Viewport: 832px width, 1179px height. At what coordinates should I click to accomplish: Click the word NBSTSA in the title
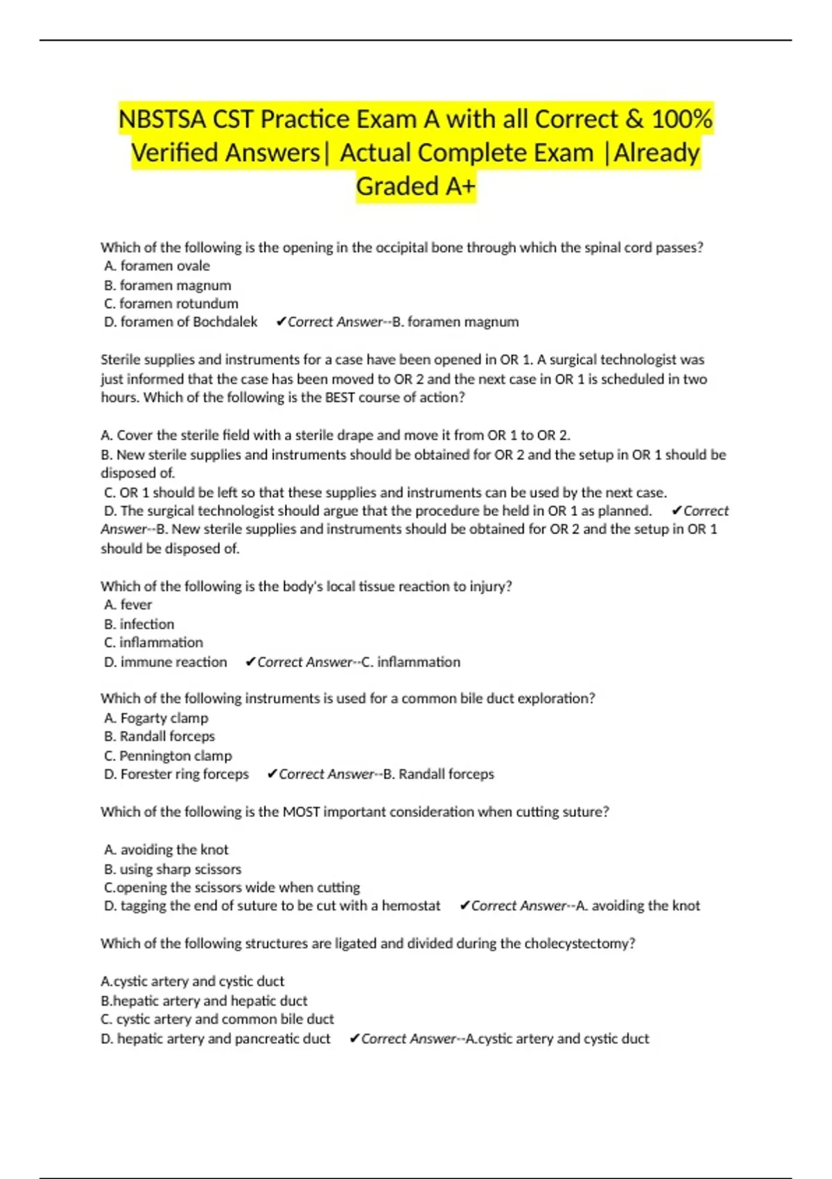click(162, 119)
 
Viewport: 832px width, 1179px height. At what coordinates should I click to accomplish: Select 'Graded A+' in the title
click(416, 187)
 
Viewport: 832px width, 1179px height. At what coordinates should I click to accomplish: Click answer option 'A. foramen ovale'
click(157, 266)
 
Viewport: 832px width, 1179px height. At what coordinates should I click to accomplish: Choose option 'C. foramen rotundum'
click(171, 304)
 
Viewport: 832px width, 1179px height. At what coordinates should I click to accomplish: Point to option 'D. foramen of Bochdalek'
click(181, 322)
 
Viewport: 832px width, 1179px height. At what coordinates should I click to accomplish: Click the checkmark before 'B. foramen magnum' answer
click(281, 322)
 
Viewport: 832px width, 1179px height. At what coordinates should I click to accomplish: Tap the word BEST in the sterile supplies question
click(340, 397)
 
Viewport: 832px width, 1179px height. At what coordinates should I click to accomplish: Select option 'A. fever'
click(128, 605)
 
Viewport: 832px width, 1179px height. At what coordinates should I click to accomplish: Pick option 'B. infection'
click(139, 624)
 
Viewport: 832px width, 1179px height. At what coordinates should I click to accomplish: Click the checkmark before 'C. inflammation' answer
click(250, 662)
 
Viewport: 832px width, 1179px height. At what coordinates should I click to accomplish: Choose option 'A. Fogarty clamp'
click(156, 718)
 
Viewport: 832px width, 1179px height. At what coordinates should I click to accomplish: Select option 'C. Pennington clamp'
click(168, 756)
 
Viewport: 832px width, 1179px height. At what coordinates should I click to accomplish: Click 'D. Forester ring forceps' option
click(177, 774)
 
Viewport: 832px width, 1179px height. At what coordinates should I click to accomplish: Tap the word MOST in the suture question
click(301, 812)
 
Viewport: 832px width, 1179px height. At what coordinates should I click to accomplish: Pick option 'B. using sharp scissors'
click(173, 869)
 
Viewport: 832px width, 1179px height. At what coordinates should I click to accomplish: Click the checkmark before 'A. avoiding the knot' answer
click(465, 906)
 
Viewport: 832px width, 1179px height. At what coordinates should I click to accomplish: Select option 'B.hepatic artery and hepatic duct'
click(204, 1001)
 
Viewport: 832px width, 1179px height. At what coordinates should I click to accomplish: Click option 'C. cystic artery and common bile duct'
click(218, 1019)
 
